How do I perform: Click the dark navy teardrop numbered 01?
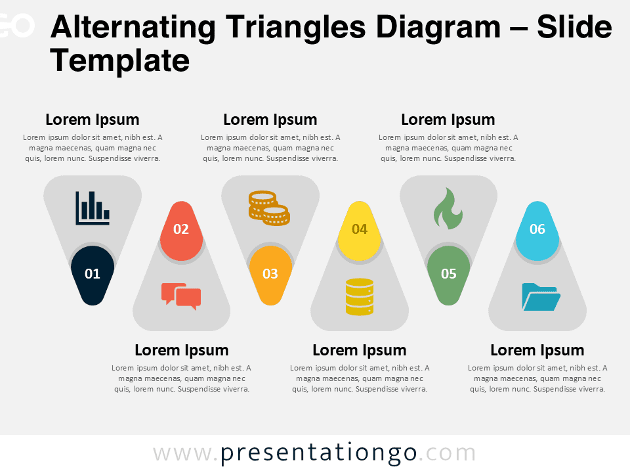(93, 274)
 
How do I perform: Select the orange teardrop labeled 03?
(270, 274)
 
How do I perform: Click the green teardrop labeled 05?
(448, 274)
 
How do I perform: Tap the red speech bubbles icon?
(181, 296)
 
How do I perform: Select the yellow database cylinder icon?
(359, 296)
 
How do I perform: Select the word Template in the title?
(119, 61)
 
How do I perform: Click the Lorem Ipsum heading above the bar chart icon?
(93, 120)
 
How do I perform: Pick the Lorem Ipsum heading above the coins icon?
(270, 120)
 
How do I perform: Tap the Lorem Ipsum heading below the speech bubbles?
(182, 350)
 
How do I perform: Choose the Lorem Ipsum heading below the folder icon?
(537, 350)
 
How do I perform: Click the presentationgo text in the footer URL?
(318, 453)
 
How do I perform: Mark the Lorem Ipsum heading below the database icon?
(360, 350)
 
